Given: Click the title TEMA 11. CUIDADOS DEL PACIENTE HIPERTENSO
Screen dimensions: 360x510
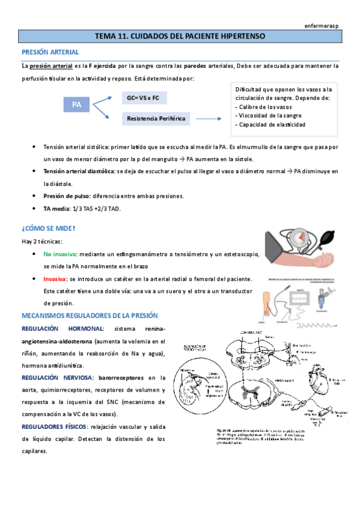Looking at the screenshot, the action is pyautogui.click(x=179, y=37).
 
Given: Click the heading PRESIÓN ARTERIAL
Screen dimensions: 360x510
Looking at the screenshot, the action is pyautogui.click(x=47, y=52).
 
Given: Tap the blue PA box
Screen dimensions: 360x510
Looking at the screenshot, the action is pyautogui.click(x=76, y=105).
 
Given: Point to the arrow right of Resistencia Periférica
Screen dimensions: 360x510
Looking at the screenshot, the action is pyautogui.click(x=210, y=118).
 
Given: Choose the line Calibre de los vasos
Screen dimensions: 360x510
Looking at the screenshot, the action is pyautogui.click(x=264, y=106).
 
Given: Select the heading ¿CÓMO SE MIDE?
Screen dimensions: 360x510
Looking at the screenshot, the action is pyautogui.click(x=49, y=229).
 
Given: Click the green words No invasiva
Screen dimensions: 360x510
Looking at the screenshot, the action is pyautogui.click(x=59, y=254).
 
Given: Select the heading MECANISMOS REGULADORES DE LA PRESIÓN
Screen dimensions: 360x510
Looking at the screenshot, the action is pyautogui.click(x=89, y=315).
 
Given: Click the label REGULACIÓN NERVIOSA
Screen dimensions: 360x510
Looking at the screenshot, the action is pyautogui.click(x=57, y=377).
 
